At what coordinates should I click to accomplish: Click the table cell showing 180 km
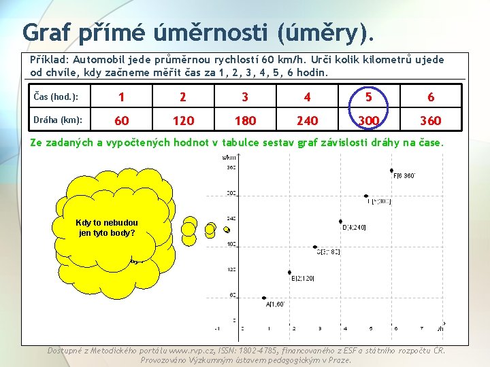245,121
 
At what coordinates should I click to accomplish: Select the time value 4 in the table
307,97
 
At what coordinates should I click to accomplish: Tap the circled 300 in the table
368,121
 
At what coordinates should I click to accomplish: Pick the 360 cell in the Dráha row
430,121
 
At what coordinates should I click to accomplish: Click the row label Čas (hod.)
56,97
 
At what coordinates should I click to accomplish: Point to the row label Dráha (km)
58,120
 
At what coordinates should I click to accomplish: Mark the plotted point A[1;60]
265,298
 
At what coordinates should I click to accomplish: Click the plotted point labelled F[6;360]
391,171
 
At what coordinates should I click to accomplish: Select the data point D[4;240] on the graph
340,222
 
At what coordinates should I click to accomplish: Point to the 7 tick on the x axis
422,329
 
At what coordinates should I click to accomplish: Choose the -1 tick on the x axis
217,329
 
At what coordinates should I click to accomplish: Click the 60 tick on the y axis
232,295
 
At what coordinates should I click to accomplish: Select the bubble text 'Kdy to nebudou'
108,223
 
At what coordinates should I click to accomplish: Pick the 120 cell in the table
183,121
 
